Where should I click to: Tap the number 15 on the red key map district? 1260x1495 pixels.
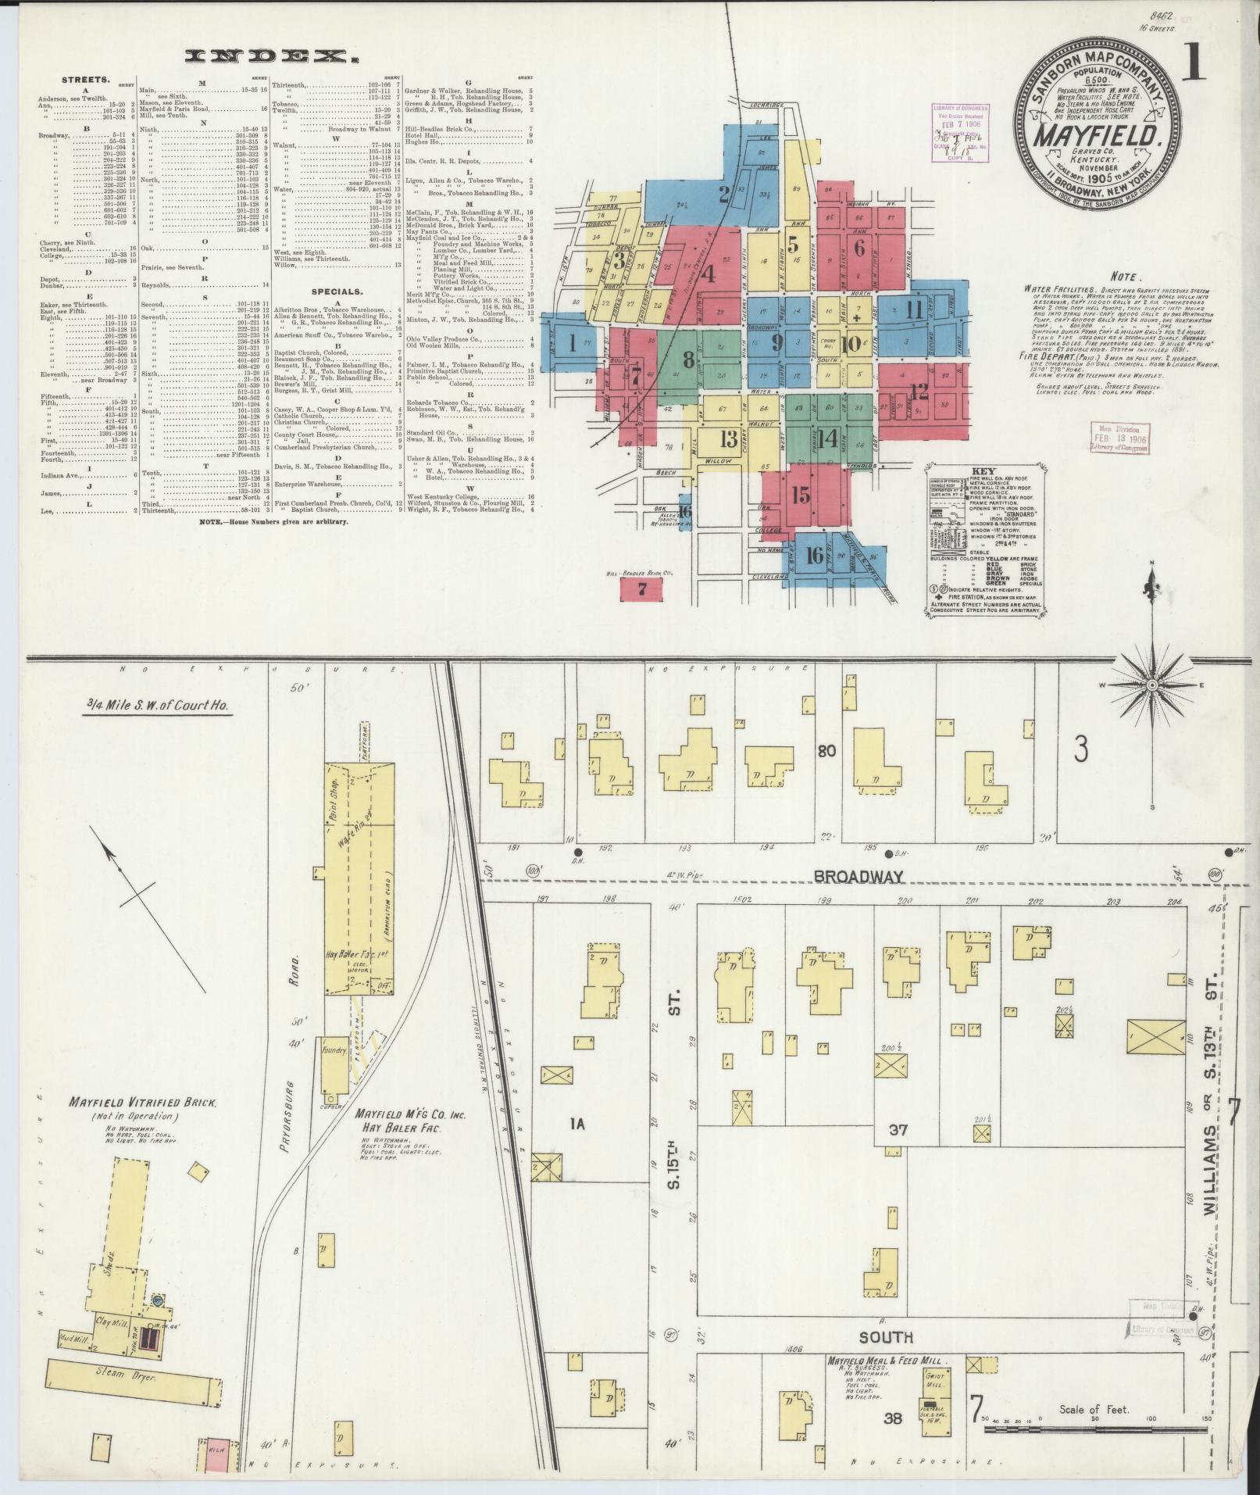800,495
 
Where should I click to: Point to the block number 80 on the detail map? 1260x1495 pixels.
826,752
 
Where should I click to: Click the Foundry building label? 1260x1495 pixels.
334,1052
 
